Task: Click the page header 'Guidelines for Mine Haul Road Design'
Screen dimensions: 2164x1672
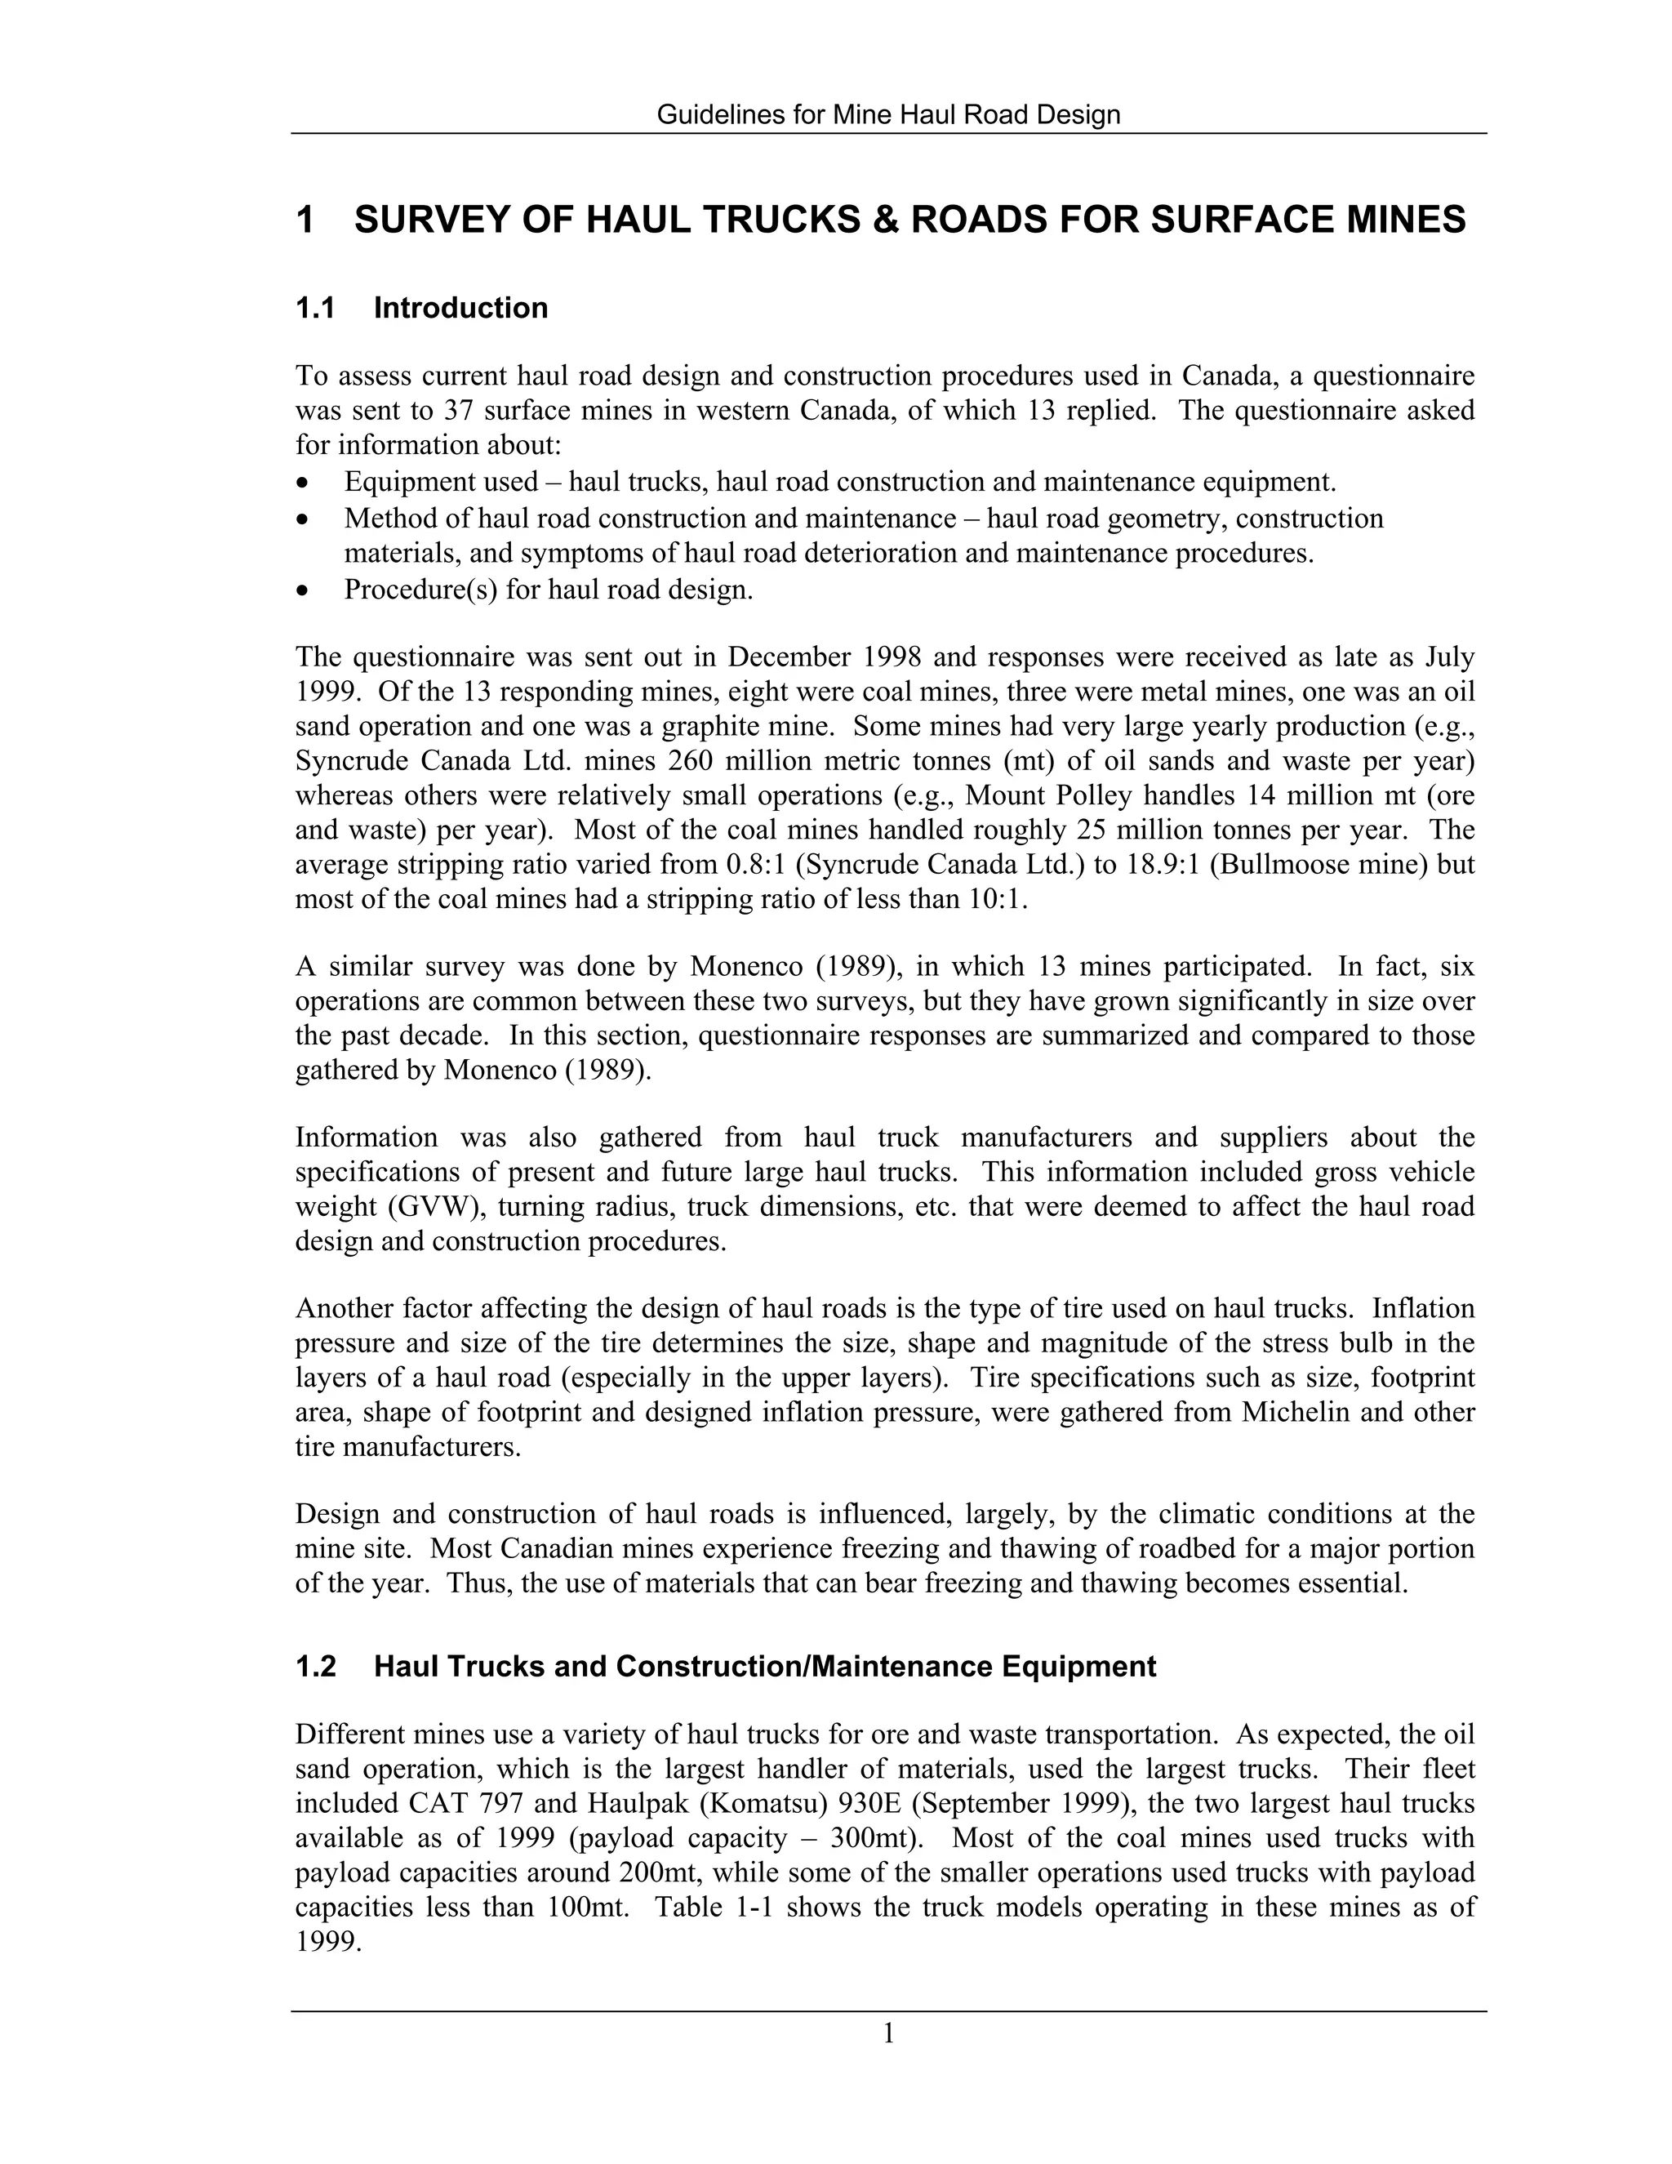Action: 888,115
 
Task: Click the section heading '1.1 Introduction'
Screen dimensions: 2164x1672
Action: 421,308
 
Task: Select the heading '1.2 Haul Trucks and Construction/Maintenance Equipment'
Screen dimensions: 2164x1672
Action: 725,1667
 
